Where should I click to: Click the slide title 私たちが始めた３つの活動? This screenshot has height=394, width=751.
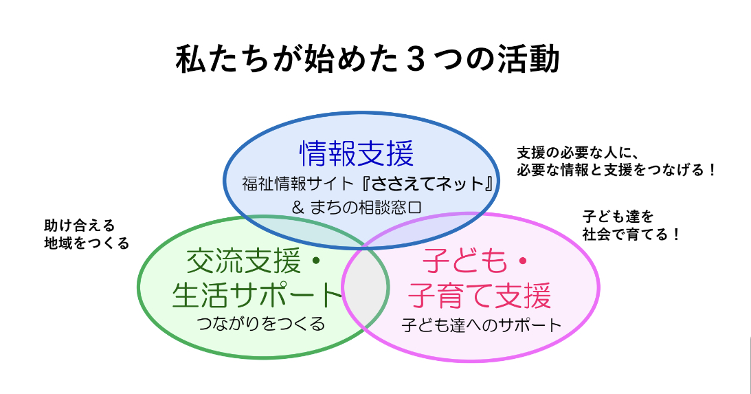[368, 60]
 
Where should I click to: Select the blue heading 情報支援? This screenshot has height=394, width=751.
[357, 153]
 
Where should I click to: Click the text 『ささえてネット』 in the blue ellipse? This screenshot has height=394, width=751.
[429, 184]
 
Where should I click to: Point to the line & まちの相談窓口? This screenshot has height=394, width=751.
[357, 208]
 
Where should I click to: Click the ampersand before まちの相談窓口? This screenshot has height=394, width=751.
[298, 208]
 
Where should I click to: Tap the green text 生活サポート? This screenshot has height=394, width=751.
[257, 295]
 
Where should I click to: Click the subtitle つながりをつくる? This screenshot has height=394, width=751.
[261, 324]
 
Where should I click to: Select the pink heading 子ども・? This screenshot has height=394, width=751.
[475, 262]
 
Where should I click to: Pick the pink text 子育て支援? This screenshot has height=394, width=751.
[480, 296]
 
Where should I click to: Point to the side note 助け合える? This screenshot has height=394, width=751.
[80, 226]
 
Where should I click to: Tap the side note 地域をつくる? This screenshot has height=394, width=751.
[87, 243]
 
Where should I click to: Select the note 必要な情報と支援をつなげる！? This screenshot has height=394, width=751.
[616, 170]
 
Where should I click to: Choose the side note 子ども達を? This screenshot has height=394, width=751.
[618, 217]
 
